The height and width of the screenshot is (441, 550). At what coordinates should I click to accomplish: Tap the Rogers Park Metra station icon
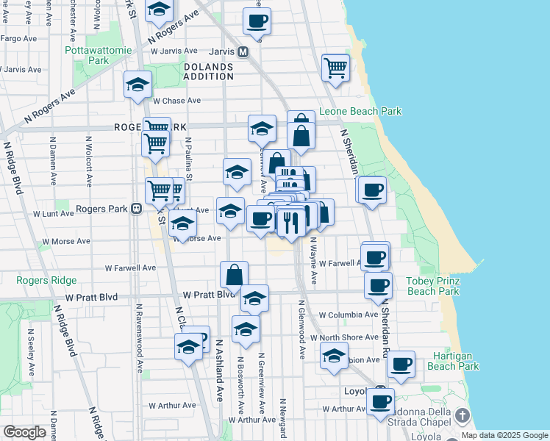[x=136, y=209]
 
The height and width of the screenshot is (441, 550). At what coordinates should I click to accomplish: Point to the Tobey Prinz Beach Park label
[x=433, y=287]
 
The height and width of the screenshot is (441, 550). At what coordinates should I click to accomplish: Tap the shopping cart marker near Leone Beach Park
[x=335, y=68]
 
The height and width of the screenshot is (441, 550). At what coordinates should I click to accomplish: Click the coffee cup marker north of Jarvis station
[x=257, y=21]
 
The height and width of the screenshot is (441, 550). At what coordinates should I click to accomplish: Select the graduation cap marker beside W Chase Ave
[x=137, y=85]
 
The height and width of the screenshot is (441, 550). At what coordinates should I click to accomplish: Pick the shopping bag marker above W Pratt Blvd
[x=234, y=275]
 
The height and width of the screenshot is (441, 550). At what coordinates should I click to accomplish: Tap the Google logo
[x=24, y=432]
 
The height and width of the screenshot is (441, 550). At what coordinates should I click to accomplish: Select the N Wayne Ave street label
[x=312, y=260]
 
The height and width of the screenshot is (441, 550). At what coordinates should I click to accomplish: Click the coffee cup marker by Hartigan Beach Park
[x=401, y=364]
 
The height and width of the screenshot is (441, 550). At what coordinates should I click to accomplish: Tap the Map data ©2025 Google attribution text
[x=504, y=435]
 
